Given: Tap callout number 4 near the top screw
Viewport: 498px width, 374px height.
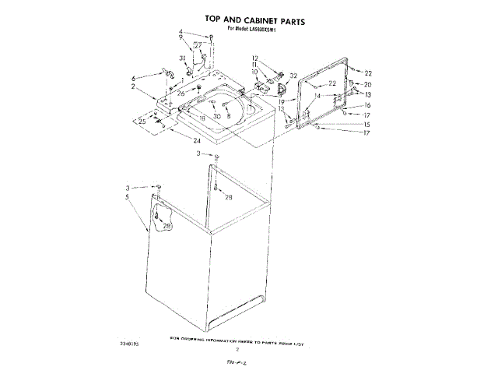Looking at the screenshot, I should pyautogui.click(x=181, y=32).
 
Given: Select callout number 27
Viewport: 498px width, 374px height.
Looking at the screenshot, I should pyautogui.click(x=198, y=46).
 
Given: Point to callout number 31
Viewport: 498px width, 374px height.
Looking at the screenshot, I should pyautogui.click(x=182, y=58).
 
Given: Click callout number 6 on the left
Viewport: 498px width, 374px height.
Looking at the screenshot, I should pyautogui.click(x=134, y=78).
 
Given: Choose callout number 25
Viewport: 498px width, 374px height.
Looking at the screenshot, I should pyautogui.click(x=142, y=122).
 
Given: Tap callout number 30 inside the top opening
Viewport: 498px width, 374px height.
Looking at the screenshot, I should pyautogui.click(x=217, y=116).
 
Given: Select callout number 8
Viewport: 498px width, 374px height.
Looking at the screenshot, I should pyautogui.click(x=229, y=116).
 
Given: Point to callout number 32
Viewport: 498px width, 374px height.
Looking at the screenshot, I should pyautogui.click(x=293, y=76).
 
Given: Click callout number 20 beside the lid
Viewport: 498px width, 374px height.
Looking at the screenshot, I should pyautogui.click(x=368, y=84).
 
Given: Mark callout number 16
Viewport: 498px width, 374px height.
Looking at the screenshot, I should pyautogui.click(x=367, y=105).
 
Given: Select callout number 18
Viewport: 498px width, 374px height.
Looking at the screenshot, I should pyautogui.click(x=202, y=118).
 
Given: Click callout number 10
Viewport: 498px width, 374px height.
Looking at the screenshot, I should pyautogui.click(x=254, y=72).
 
